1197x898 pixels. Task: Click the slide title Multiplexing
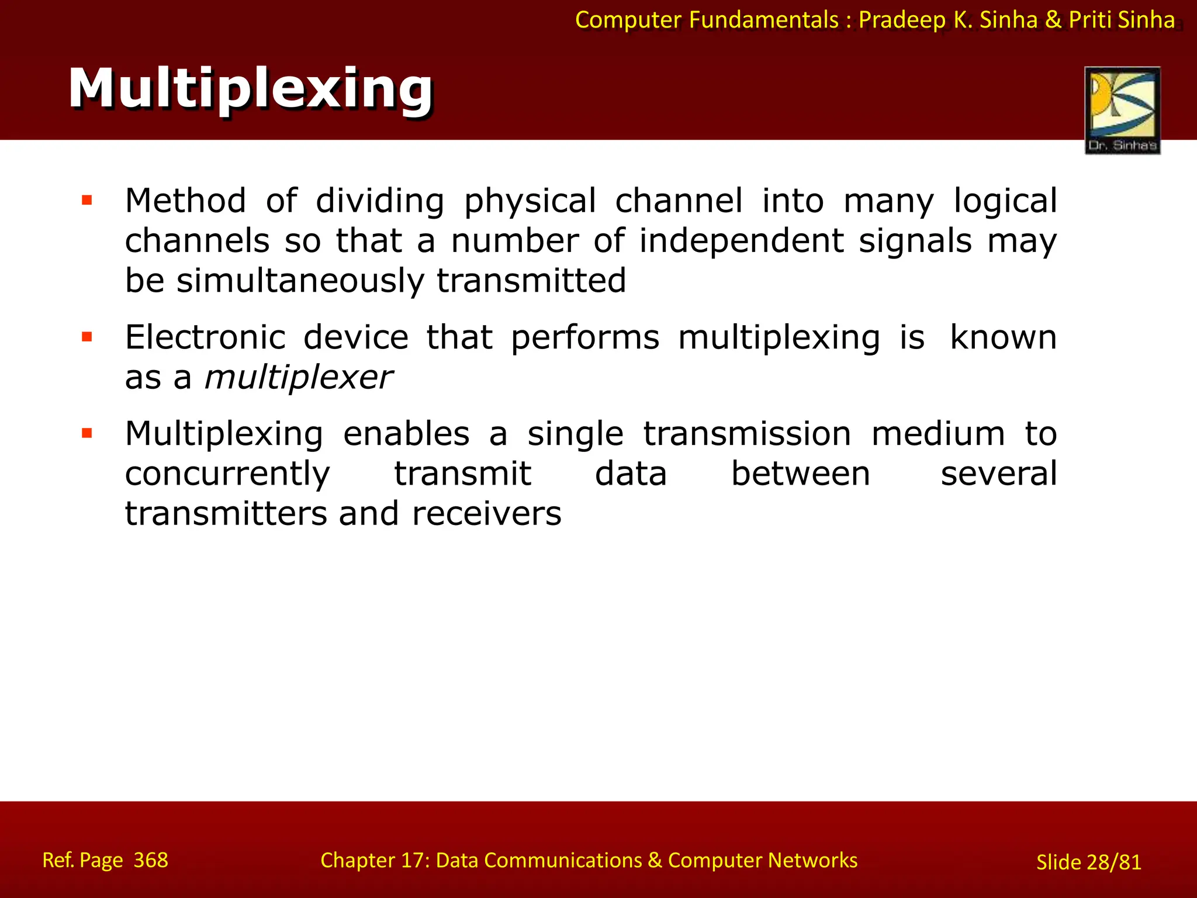point(251,89)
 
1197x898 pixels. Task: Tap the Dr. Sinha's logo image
point(1122,110)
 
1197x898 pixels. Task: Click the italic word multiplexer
point(298,378)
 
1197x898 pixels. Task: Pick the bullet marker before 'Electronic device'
point(87,337)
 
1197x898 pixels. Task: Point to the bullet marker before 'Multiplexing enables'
point(87,433)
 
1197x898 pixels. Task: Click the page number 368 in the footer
point(150,860)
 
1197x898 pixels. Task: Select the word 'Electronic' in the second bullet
point(205,337)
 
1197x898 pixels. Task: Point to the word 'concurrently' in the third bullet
point(227,474)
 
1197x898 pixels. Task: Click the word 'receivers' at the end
point(486,514)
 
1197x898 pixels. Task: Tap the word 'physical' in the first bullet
point(530,201)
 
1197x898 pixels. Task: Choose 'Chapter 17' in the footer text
point(374,861)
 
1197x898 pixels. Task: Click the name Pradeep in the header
point(902,20)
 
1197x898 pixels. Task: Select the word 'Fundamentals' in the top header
point(763,20)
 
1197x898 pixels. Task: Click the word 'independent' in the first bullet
point(741,241)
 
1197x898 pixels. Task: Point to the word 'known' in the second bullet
point(1003,337)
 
